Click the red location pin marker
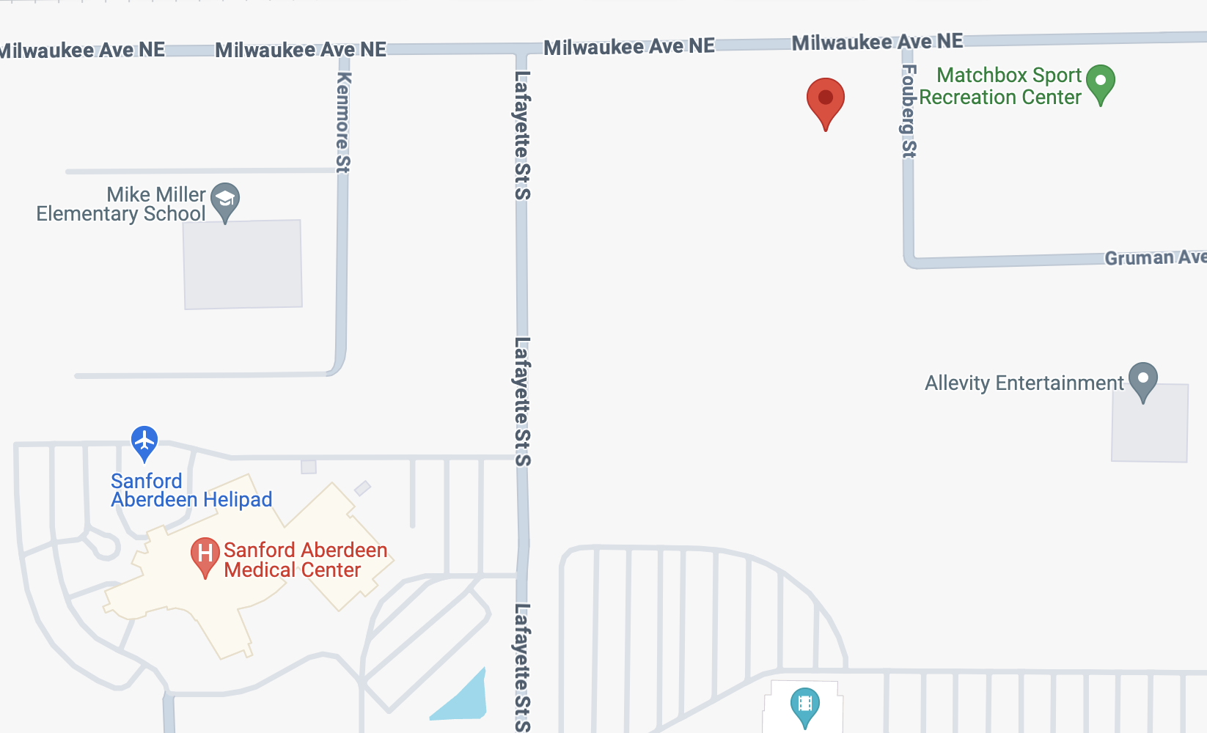point(826,100)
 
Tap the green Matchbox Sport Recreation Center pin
point(1100,82)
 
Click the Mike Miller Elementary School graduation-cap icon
point(225,199)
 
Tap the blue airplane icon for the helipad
point(144,441)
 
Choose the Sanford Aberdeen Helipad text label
point(191,490)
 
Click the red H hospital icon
point(205,554)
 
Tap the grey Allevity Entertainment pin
point(1142,380)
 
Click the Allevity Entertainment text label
point(1024,383)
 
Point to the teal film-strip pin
point(804,705)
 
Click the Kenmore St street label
point(343,122)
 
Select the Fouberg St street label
point(909,111)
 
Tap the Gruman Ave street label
point(1154,257)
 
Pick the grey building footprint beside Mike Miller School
point(243,265)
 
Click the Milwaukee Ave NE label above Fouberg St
point(877,42)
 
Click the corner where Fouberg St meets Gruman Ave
point(910,261)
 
